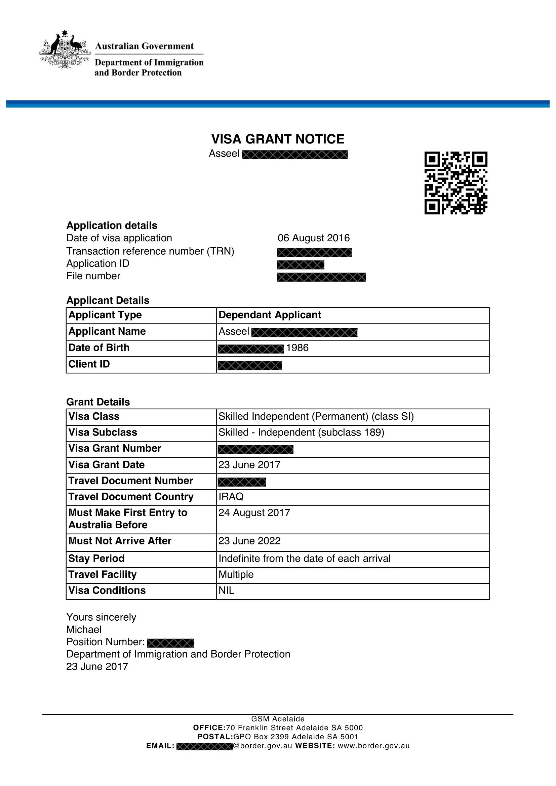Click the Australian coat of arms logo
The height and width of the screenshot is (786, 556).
click(65, 50)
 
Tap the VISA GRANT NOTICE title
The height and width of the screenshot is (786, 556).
click(278, 139)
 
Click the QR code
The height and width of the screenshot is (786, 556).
click(456, 183)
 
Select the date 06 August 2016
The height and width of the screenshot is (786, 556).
click(314, 238)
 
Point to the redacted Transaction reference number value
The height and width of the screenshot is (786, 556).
click(314, 252)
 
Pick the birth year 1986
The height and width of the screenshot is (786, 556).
click(297, 348)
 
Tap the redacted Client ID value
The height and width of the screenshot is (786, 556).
click(249, 365)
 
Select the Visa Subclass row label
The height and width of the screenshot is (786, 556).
click(103, 432)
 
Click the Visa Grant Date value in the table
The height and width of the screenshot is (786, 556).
click(249, 465)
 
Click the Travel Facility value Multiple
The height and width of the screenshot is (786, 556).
click(236, 574)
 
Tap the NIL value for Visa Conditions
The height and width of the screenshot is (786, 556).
click(226, 590)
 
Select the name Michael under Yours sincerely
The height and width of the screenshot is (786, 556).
click(84, 629)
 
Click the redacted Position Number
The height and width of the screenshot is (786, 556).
click(170, 643)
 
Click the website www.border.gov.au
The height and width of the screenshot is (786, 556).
click(373, 746)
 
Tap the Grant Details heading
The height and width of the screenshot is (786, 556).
click(98, 402)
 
